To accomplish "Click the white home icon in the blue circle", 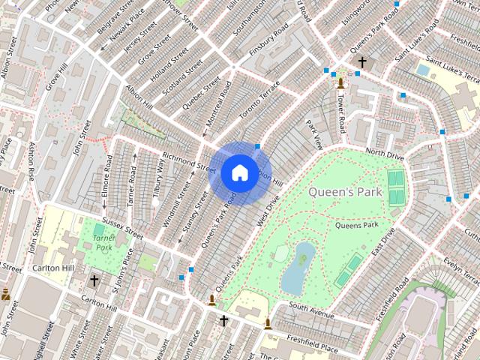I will (239, 172).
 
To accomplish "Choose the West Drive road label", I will (268, 209).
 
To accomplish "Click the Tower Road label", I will (342, 113).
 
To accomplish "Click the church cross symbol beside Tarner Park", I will (94, 280).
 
